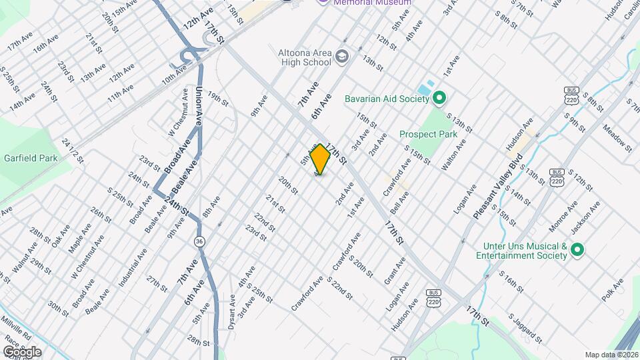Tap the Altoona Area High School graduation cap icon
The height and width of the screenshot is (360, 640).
[x=343, y=55]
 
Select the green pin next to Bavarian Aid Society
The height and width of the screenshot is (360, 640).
[x=439, y=99]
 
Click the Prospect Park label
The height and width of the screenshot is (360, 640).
[x=428, y=134]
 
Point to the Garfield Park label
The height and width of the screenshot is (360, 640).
[x=29, y=158]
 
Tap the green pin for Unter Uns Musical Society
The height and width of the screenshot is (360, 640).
[x=577, y=251]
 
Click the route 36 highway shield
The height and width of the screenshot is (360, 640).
[x=199, y=240]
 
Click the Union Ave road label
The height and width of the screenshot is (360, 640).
[x=199, y=105]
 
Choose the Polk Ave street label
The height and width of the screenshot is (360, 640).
[x=614, y=291]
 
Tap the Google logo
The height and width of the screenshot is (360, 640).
[x=21, y=351]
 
